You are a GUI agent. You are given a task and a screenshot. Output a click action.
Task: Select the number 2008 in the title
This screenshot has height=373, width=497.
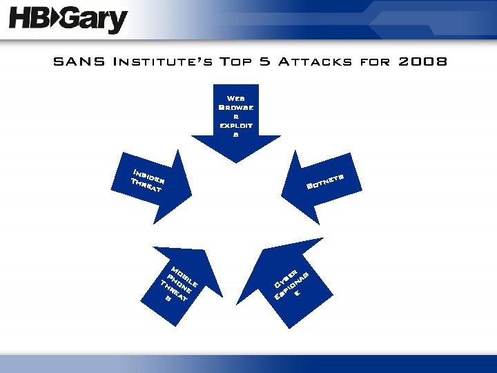[422, 62]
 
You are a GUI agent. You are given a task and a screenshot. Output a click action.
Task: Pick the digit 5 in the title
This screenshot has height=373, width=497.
[264, 62]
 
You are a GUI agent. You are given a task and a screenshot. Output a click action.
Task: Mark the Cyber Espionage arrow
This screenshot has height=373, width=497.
[290, 280]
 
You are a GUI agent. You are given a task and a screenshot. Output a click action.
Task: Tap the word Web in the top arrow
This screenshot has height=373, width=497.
[236, 99]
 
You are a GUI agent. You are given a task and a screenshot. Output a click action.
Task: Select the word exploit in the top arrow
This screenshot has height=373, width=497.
[236, 126]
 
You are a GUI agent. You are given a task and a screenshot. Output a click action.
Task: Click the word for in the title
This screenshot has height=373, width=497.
[375, 62]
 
